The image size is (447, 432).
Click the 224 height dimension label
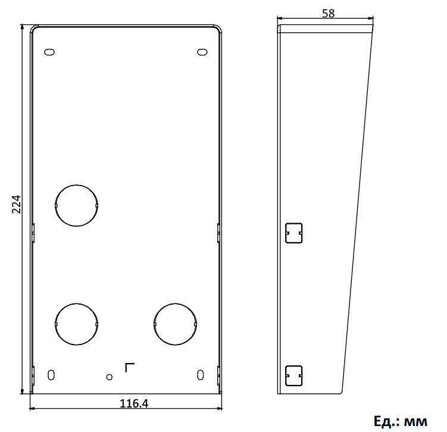click(x=17, y=204)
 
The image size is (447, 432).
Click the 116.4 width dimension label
click(x=134, y=403)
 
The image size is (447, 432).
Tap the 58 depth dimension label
click(x=328, y=14)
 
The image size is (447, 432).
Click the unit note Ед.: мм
click(x=401, y=421)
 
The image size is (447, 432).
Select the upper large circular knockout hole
click(x=76, y=205)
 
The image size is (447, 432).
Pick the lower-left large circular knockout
click(x=76, y=324)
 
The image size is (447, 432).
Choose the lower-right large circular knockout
click(x=175, y=324)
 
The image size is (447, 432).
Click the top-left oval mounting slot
click(x=49, y=52)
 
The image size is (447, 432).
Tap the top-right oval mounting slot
click(x=202, y=52)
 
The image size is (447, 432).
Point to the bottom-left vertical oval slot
click(x=51, y=375)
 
